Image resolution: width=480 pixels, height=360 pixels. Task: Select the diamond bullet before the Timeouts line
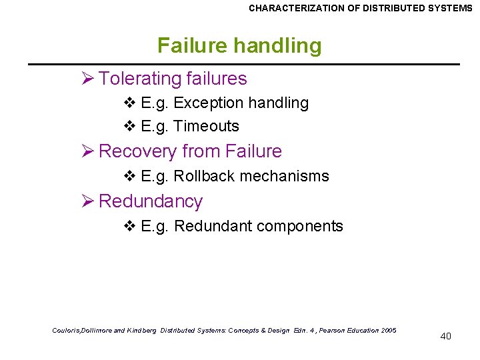(130, 126)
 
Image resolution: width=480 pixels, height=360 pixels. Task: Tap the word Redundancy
(150, 201)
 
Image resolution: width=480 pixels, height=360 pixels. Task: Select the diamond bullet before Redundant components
(130, 226)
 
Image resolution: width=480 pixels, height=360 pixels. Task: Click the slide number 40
(445, 336)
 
